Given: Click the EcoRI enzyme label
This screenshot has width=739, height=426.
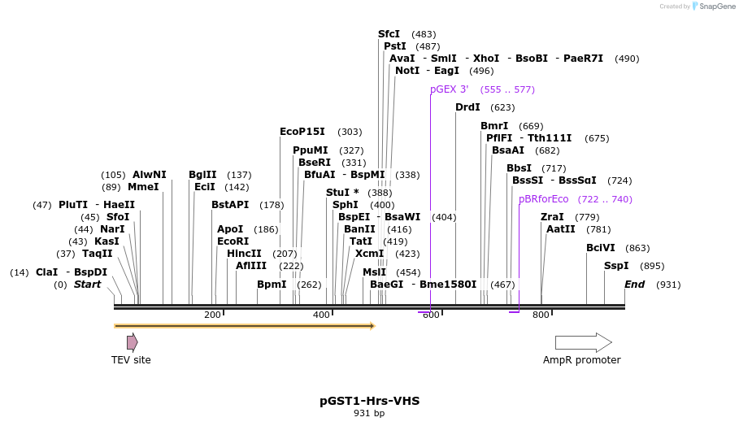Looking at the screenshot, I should (x=233, y=241).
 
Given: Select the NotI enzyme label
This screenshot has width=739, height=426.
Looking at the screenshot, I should (x=407, y=71).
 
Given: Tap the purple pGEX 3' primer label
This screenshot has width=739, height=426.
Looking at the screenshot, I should (x=449, y=89).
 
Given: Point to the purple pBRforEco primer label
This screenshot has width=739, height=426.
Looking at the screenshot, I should (x=544, y=199).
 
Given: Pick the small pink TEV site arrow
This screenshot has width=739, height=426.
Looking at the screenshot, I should (x=132, y=342).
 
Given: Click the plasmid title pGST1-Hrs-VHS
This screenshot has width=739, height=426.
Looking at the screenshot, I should (x=369, y=401).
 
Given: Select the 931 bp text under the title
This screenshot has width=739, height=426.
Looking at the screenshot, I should (x=369, y=414).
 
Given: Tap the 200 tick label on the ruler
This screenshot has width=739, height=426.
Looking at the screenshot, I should (x=212, y=315).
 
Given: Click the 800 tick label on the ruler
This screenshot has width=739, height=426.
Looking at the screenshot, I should (x=541, y=315).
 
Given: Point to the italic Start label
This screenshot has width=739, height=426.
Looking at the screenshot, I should (x=87, y=285).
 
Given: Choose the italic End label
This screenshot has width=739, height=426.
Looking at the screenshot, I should (x=634, y=285).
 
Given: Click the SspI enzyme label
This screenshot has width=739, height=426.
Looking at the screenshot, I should (x=616, y=266).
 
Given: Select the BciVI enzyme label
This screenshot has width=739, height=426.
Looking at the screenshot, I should (x=601, y=248).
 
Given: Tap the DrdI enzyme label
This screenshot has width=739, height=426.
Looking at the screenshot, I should (x=467, y=107).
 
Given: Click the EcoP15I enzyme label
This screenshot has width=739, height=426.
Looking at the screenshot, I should (x=302, y=132).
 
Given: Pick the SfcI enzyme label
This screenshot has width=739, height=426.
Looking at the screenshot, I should (x=389, y=34).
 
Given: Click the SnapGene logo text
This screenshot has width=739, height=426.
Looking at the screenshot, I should (x=718, y=7).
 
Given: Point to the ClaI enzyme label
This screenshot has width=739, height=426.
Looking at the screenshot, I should (x=46, y=272).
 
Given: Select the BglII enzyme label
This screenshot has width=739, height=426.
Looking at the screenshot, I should (x=202, y=175).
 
